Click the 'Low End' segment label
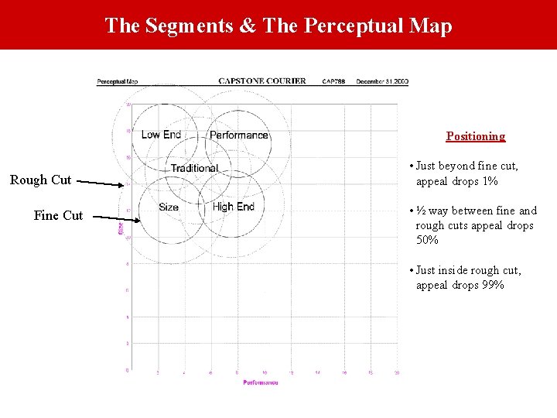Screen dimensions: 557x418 click(x=161, y=135)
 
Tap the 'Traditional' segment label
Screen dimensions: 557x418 click(x=194, y=168)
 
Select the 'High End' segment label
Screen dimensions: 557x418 click(x=233, y=207)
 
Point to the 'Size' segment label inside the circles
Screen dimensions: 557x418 click(x=169, y=207)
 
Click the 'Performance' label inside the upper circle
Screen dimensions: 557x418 click(x=238, y=135)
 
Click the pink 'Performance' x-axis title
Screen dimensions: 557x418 click(x=261, y=382)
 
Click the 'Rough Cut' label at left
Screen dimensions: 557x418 click(x=40, y=180)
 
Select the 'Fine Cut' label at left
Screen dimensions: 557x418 click(x=58, y=215)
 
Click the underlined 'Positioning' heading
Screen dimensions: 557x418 click(x=476, y=136)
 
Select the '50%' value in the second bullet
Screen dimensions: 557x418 click(x=427, y=240)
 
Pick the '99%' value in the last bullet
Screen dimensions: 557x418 click(x=492, y=285)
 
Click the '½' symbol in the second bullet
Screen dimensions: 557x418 click(x=422, y=211)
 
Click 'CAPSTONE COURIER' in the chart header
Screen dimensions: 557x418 click(x=261, y=81)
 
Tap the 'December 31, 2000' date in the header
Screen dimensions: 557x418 click(x=382, y=81)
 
